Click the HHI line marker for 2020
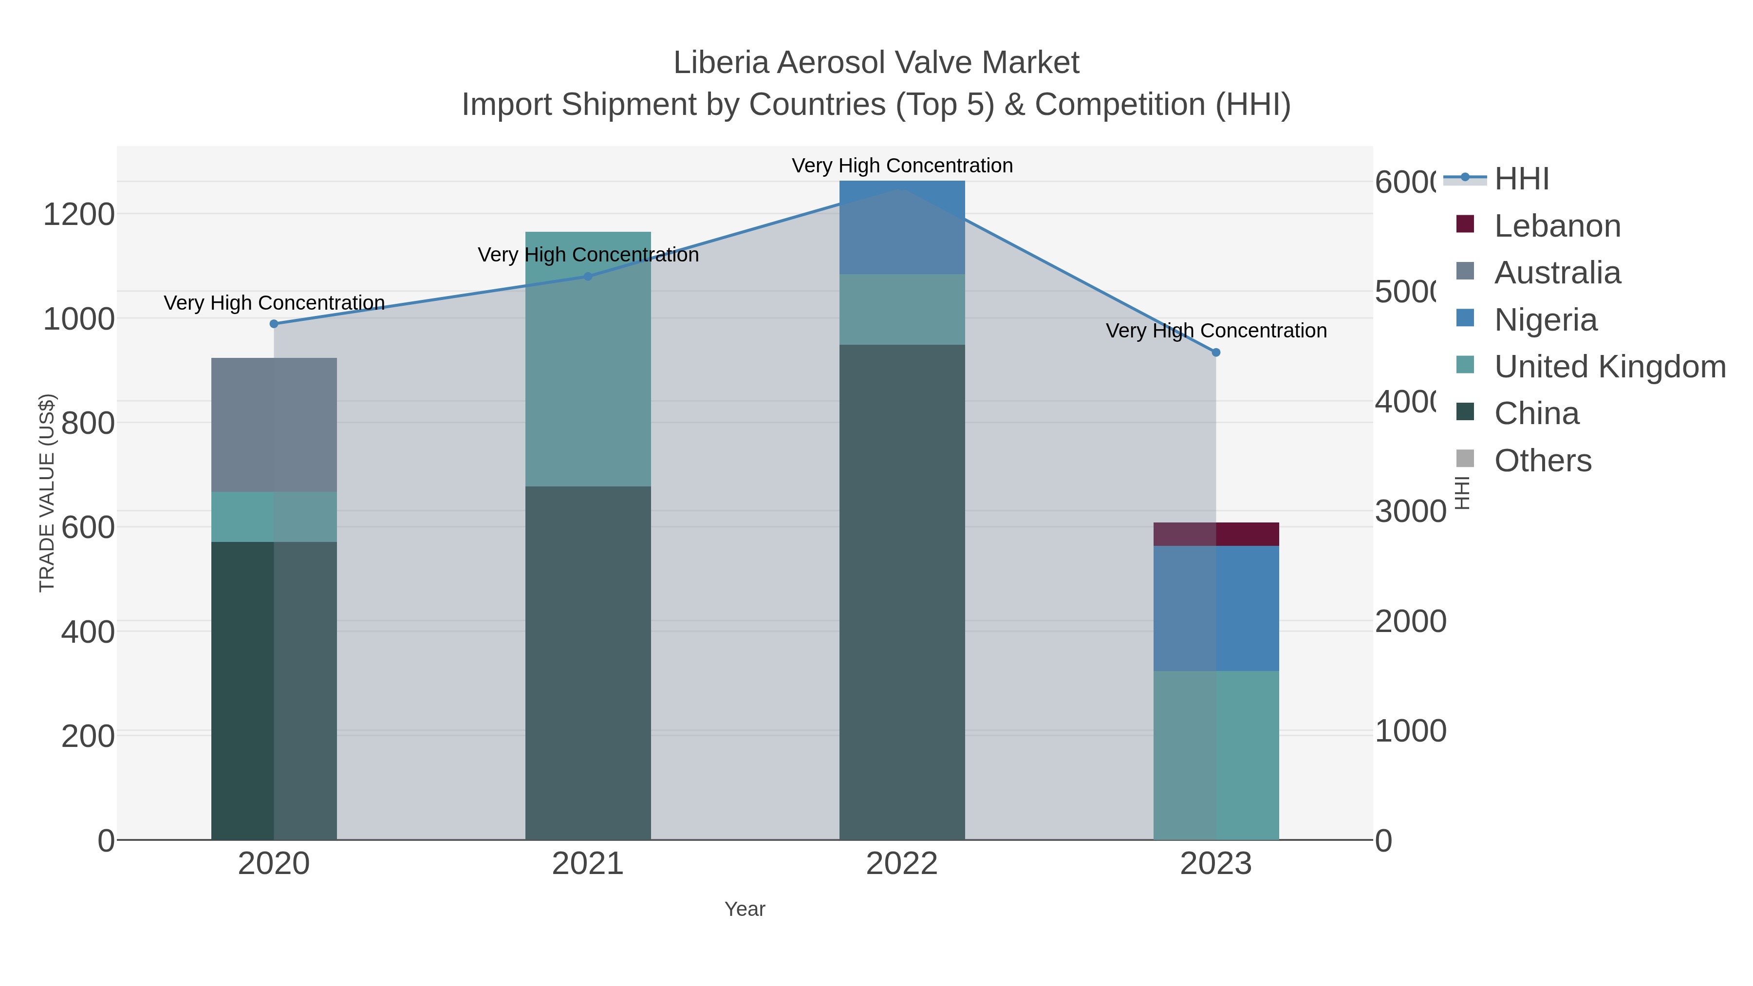[274, 324]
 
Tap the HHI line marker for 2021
[588, 276]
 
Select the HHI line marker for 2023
[1216, 353]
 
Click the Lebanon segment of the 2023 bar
[1216, 534]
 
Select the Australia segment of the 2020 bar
[274, 425]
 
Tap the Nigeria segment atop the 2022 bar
[902, 227]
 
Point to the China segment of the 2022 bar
[902, 592]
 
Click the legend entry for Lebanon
[1557, 226]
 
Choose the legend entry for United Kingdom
[1609, 367]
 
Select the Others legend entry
[1542, 461]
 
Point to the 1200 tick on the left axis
[79, 214]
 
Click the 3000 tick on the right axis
[1410, 512]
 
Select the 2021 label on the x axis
[588, 864]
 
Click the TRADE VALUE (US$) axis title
[47, 493]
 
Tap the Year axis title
[745, 909]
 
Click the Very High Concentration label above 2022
[902, 166]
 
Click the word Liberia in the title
[721, 63]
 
